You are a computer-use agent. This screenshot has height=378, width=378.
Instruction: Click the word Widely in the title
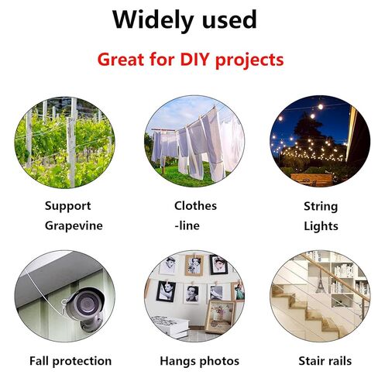(153, 20)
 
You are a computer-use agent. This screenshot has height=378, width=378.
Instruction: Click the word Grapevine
(74, 226)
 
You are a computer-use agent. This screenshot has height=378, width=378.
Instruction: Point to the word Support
(68, 207)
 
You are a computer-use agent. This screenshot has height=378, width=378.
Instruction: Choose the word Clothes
(195, 205)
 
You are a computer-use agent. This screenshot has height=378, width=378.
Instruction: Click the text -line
(187, 225)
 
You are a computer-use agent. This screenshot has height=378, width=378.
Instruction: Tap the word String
(321, 207)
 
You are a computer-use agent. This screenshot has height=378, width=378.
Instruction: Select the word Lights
(321, 226)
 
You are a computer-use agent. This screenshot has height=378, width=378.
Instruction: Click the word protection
(82, 361)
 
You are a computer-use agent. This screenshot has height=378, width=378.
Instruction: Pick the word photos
(219, 361)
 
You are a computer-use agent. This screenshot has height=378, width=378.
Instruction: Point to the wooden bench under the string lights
(311, 180)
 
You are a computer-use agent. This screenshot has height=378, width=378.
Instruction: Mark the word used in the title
(230, 20)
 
